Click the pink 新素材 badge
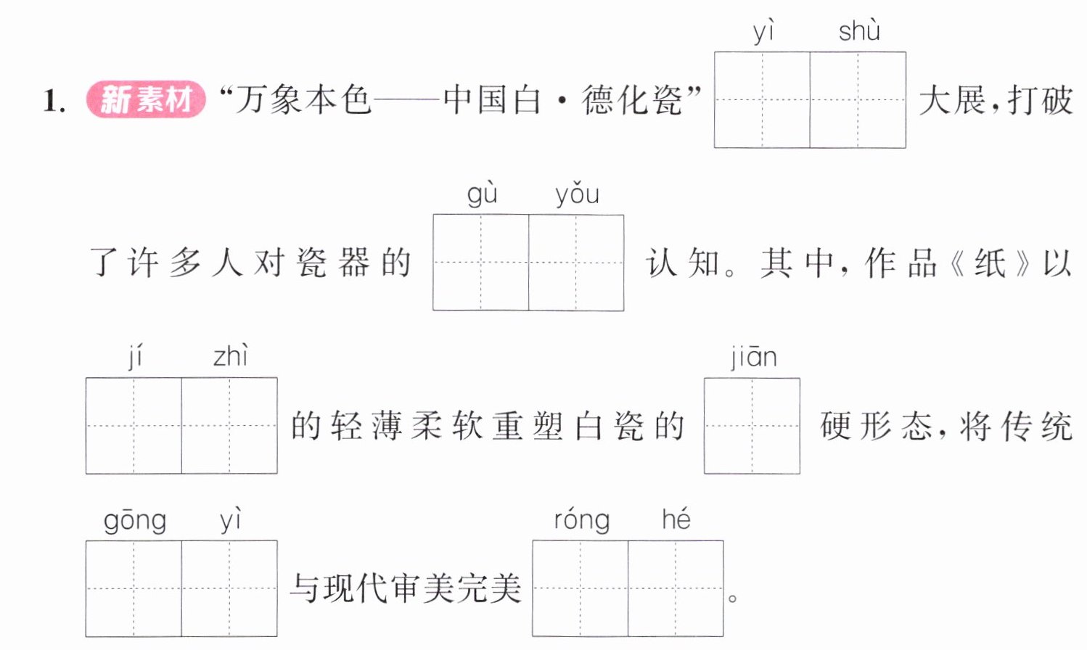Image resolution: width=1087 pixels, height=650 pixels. (x=146, y=99)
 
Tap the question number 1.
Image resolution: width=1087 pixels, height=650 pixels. (x=54, y=101)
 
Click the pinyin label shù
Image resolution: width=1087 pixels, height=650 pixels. (x=859, y=30)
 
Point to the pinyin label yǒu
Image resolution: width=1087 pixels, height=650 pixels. (x=578, y=195)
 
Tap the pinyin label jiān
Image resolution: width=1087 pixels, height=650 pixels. (x=754, y=358)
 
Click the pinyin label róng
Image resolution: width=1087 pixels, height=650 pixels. (x=582, y=520)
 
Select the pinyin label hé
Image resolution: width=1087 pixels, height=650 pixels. (x=676, y=519)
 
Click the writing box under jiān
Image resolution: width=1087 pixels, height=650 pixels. (x=752, y=426)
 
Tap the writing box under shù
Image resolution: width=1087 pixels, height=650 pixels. (x=858, y=100)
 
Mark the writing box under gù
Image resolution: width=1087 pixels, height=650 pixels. (x=481, y=263)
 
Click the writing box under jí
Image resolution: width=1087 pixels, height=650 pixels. (x=134, y=425)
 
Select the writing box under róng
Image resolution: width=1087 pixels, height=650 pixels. (x=581, y=588)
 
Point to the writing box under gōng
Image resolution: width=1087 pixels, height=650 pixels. (x=134, y=588)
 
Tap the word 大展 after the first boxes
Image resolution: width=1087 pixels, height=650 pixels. (x=952, y=100)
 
